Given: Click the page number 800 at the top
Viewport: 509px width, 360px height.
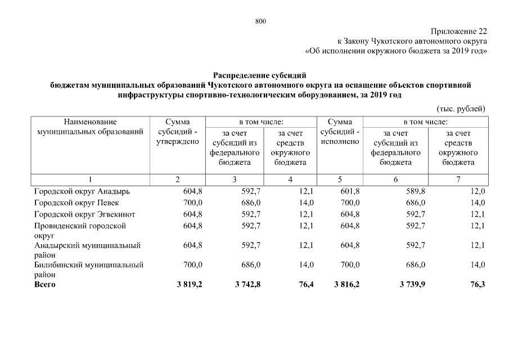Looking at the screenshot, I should coord(260,21).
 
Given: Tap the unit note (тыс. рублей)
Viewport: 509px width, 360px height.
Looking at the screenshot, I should coord(460,109).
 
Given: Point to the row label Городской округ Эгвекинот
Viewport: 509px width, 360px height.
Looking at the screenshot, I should coord(84,214).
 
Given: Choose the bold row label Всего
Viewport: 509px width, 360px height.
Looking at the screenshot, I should coord(45,285).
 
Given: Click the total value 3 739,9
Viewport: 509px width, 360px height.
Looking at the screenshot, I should coord(412,285).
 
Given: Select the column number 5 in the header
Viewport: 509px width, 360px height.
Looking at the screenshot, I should coord(340,179).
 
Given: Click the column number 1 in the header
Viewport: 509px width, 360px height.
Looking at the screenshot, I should coord(89,179).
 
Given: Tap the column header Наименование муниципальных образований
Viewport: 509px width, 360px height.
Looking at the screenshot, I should coord(90,127).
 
